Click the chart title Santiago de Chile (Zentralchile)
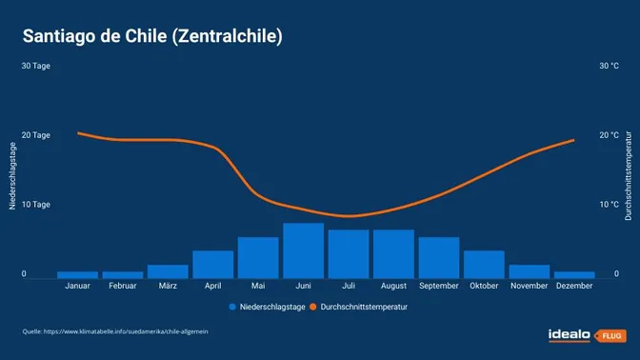point(152,36)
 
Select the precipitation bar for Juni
point(303,250)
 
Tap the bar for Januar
point(77,274)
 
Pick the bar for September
point(438,257)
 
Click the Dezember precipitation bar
point(574,274)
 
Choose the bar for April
point(212,264)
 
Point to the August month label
point(393,285)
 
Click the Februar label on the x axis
point(122,285)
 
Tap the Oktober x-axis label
point(484,285)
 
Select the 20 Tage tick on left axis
point(35,135)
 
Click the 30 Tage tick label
point(35,66)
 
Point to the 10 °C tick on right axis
point(609,205)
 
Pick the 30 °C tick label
point(609,66)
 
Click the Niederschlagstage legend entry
point(267,308)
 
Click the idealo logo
point(569,334)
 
